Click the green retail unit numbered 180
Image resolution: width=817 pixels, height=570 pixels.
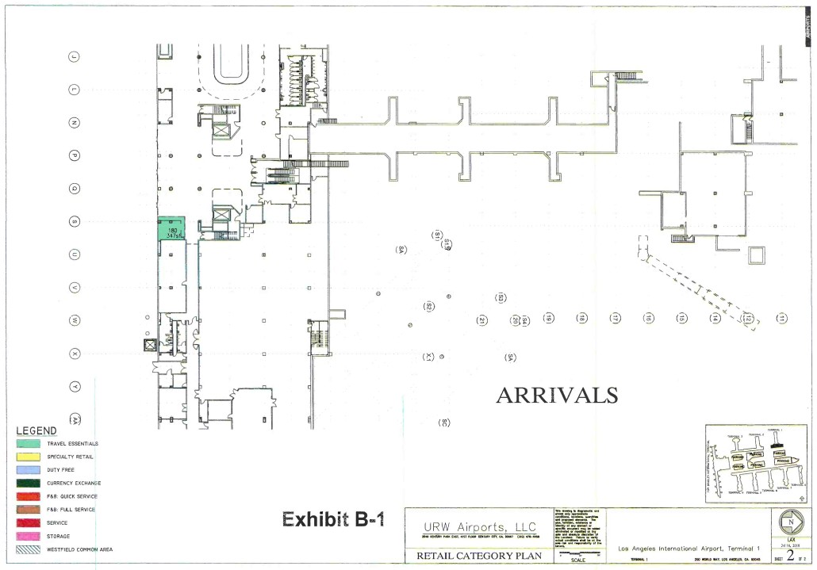pos(171,228)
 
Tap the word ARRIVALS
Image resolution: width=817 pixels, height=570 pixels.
pos(556,394)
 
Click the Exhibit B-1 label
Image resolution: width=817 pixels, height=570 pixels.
pos(333,520)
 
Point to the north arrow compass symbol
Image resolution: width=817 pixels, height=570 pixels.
pos(790,524)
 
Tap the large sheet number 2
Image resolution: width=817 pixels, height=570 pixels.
pos(790,555)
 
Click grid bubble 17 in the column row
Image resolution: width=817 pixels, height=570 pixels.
pos(615,318)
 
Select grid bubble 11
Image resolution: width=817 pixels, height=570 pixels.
pos(782,318)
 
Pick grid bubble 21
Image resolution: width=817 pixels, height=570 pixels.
pos(481,320)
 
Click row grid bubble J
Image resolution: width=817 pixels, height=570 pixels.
pos(75,56)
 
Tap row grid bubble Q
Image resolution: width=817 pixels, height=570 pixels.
pos(75,189)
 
